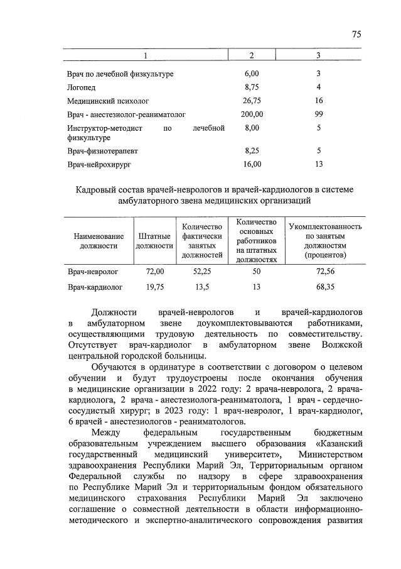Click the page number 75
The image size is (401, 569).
356,35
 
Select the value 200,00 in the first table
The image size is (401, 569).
252,114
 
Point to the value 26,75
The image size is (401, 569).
252,101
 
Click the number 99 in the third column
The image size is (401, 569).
319,114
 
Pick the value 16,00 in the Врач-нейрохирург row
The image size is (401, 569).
252,165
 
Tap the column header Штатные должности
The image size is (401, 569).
154,241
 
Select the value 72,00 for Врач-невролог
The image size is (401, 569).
154,272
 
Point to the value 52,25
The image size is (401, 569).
202,272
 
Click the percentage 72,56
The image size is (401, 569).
324,272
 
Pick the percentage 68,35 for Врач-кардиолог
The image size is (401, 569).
324,287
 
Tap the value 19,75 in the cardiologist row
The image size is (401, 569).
154,287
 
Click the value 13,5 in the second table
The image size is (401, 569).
202,287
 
